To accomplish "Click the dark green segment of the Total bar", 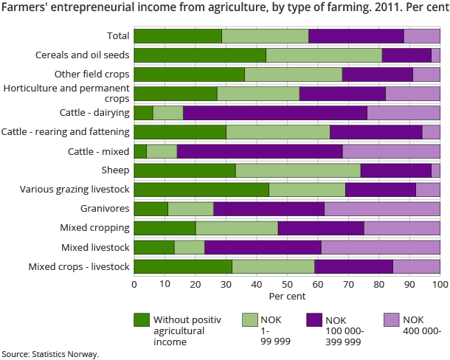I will click(x=178, y=35).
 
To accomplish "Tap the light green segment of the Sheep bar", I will click(x=298, y=170).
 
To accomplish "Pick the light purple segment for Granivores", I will click(x=382, y=209).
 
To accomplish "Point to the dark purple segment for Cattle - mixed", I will click(x=260, y=151).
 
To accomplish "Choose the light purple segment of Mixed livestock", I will click(x=381, y=247).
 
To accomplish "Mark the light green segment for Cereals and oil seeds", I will click(x=324, y=55).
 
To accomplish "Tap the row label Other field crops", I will click(x=92, y=74).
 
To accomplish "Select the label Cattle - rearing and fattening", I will click(x=66, y=131).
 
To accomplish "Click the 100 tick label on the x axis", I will click(x=440, y=284).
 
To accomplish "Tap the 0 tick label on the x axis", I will click(x=134, y=284).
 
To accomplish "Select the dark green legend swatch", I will click(x=142, y=319).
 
